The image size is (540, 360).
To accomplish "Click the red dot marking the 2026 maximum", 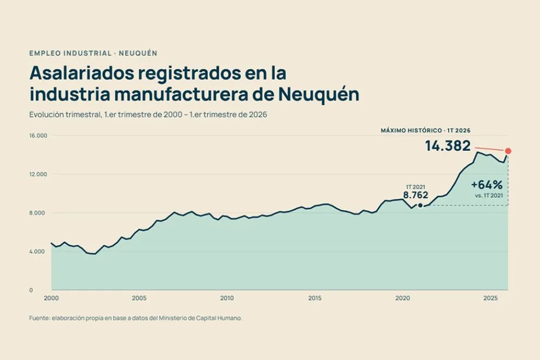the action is point(508,151).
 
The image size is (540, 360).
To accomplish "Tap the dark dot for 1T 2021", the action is point(420,206).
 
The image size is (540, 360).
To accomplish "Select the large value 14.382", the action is point(447,146).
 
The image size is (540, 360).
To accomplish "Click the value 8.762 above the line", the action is point(416,195).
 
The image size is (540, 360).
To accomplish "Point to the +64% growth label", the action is point(487,185).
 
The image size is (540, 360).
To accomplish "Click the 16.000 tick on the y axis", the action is point(38,136).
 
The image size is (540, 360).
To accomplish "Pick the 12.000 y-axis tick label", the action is point(38,174).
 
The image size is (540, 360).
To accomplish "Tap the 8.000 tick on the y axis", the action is point(37,213).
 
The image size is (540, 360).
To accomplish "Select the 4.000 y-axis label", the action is point(37,252).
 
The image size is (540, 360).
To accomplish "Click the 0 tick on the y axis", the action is point(31,290).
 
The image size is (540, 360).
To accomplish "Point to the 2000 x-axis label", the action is point(51,298).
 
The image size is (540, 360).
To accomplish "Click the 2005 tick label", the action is point(139,298).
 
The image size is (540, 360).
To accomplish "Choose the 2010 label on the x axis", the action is point(227,298).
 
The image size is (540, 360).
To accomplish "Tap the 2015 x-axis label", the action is point(315,298).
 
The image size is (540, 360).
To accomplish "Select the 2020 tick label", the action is point(403,298).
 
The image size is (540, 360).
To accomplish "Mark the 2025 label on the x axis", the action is point(490,298).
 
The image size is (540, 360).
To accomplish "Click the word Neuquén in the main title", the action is point(318,94).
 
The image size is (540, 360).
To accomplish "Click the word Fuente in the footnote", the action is point(39,318).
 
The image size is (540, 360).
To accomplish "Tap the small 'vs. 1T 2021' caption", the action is point(489,196).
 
